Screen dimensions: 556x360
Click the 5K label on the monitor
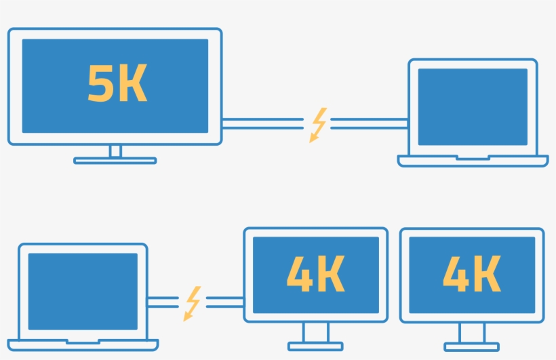[117, 83]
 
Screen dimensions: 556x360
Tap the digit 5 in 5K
[98, 83]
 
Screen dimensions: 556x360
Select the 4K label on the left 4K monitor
[315, 273]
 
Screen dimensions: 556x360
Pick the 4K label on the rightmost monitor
[472, 273]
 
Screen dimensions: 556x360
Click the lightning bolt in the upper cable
[318, 125]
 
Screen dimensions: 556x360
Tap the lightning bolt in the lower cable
[192, 303]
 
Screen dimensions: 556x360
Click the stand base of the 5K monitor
[115, 161]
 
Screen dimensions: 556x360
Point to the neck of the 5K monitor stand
[115, 151]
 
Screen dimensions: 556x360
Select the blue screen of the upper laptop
[473, 106]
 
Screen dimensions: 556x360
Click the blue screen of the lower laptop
[83, 292]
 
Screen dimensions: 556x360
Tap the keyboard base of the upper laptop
[473, 161]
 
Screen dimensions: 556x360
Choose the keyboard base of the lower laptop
[83, 345]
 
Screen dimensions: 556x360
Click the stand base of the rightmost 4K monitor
[472, 346]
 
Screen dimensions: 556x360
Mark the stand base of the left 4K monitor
[315, 346]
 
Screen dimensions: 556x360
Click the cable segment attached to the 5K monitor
[263, 123]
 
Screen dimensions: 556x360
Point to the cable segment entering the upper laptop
[369, 123]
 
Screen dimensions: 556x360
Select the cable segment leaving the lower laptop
[163, 302]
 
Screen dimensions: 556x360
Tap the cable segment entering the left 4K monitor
[225, 302]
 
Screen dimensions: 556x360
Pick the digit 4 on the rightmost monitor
[456, 274]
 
